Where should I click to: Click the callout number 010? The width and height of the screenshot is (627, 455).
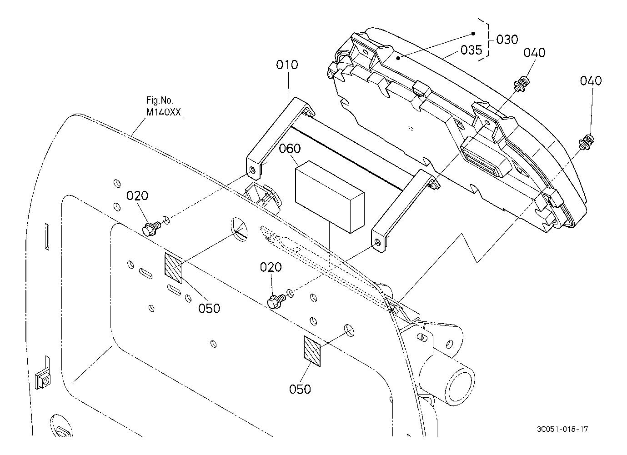(x=287, y=65)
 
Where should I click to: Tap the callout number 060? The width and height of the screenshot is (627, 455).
(x=290, y=149)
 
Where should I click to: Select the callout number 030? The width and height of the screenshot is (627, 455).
(x=507, y=40)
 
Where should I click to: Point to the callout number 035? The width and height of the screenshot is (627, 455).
(x=472, y=50)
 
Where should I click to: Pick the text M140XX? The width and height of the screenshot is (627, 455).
(x=164, y=112)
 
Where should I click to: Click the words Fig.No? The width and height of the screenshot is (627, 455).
(x=160, y=100)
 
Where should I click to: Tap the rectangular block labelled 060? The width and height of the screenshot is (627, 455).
(x=330, y=196)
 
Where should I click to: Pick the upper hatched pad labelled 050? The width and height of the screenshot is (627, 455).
(x=173, y=268)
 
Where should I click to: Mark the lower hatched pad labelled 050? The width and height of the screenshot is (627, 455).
(x=312, y=351)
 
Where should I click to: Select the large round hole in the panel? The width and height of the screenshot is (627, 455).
(x=239, y=230)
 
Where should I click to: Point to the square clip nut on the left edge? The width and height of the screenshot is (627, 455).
(x=44, y=381)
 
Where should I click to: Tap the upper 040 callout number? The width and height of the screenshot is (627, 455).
(x=534, y=53)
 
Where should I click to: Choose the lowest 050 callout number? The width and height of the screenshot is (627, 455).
(x=300, y=389)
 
